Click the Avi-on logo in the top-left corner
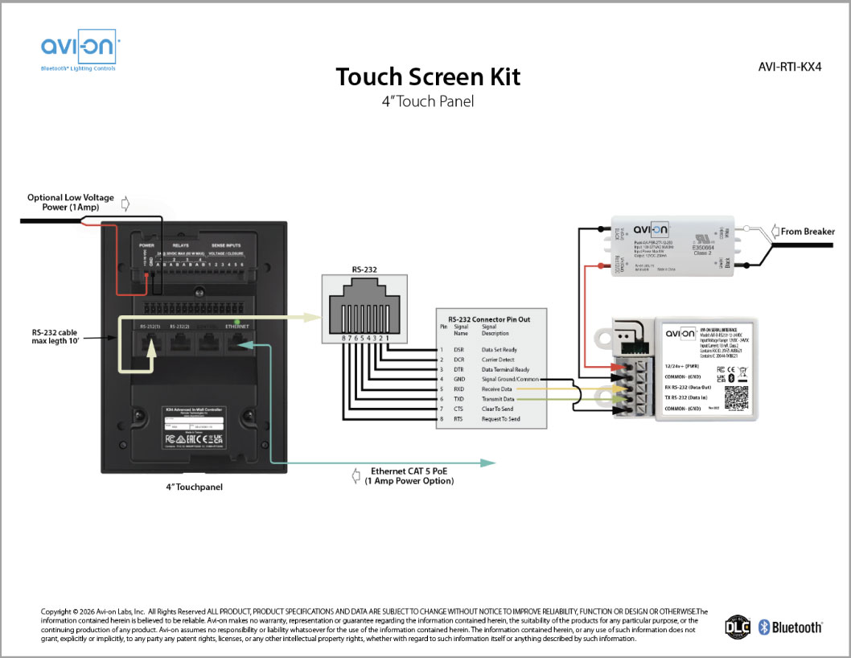(x=79, y=51)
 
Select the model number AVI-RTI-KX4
(x=790, y=68)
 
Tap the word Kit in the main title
(x=501, y=77)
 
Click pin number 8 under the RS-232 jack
(x=344, y=339)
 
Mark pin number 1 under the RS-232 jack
(x=388, y=339)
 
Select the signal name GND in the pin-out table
(x=460, y=378)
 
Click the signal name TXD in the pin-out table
(x=459, y=399)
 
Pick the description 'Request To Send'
(x=500, y=419)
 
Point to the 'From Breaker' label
(x=809, y=232)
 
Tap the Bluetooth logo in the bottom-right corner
(x=791, y=627)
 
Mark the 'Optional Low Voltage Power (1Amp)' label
(x=71, y=202)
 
